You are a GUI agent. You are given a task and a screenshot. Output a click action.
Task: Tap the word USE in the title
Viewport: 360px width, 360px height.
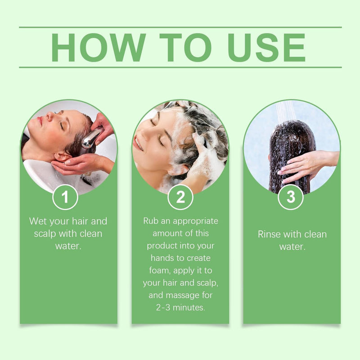coord(266,47)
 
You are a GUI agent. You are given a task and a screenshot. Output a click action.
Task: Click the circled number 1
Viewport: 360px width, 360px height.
coord(65,197)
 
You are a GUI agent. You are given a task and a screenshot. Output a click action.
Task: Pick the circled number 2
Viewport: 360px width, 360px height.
coord(180,197)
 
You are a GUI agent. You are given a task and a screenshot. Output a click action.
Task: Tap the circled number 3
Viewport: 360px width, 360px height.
coord(291,197)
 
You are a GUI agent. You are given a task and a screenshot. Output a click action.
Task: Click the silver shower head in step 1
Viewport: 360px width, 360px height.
coord(91,138)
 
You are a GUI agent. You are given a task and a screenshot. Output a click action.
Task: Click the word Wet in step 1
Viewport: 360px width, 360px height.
coord(38,221)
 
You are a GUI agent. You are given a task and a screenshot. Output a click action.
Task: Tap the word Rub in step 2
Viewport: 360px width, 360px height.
coord(152,221)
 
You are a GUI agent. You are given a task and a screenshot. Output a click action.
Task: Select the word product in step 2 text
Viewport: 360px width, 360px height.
coord(163,246)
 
